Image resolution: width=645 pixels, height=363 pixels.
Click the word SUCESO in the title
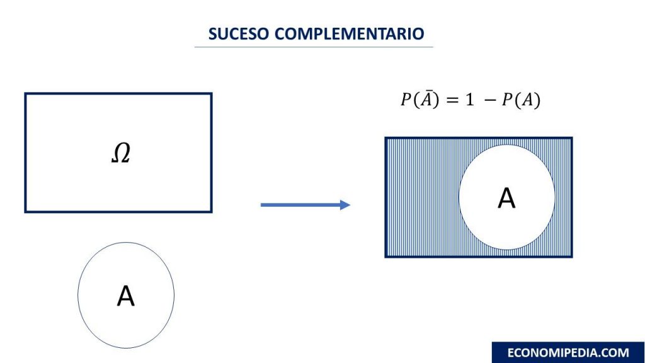coord(239,34)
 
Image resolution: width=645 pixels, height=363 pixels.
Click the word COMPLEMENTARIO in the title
coord(349,34)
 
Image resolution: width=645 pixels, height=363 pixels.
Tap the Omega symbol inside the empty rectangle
coord(121,153)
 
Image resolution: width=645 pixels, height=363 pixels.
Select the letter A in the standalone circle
coord(126,296)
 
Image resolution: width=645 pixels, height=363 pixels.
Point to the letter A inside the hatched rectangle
coord(506,199)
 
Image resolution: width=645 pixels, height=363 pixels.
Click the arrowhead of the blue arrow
coord(345,205)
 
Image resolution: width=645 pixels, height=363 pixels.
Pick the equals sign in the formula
coord(452,100)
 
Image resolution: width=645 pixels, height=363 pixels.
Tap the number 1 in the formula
coord(470,100)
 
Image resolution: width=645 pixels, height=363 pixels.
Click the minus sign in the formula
coord(490,100)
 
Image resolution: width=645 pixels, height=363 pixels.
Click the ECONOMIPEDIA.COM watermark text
coord(568,353)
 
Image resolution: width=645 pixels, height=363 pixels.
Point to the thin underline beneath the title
coord(314,47)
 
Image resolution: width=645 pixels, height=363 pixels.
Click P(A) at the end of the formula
coord(521,100)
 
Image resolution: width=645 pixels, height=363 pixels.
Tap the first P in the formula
coord(406,100)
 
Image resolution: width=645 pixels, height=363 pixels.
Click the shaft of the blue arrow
coord(300,205)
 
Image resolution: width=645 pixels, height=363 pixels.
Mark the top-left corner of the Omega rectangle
coord(25,94)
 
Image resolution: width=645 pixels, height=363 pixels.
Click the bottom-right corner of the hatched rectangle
coord(572,257)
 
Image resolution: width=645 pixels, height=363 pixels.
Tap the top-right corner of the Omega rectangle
coord(212,94)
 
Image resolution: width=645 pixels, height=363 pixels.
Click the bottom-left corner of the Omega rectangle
coord(25,212)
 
